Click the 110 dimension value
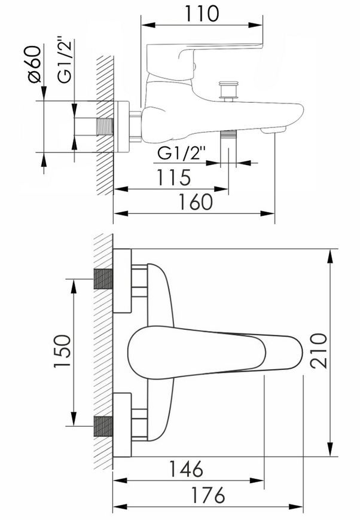click(202, 14)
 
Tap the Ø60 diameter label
click(34, 64)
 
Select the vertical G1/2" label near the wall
click(65, 59)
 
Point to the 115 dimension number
click(173, 178)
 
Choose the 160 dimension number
click(196, 201)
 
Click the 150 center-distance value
click(62, 351)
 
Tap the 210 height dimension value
click(319, 350)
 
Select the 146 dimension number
click(186, 469)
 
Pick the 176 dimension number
click(208, 495)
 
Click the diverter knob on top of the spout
click(228, 91)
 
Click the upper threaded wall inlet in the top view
click(103, 279)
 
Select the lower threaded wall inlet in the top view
click(103, 426)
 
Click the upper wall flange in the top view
click(122, 280)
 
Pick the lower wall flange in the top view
click(122, 425)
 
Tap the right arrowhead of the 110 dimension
click(255, 25)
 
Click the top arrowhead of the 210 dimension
click(331, 256)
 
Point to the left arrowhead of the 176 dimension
click(120, 507)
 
